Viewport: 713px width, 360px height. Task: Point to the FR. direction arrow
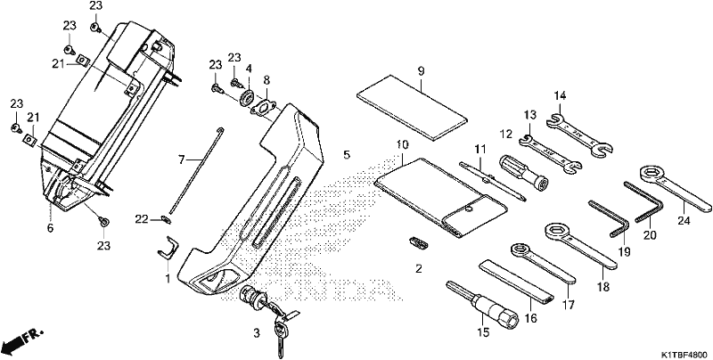(x=21, y=340)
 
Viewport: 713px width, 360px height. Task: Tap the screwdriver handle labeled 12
(x=524, y=172)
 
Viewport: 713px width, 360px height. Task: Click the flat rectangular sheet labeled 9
(x=412, y=106)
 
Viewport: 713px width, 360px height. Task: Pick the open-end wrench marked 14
(x=578, y=135)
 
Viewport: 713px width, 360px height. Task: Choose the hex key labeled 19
(x=610, y=218)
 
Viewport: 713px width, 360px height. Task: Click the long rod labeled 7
(x=195, y=170)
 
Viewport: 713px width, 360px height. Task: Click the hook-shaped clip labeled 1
(x=168, y=250)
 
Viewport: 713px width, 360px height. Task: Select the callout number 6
(x=50, y=227)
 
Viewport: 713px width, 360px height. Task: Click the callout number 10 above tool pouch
(x=403, y=145)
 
